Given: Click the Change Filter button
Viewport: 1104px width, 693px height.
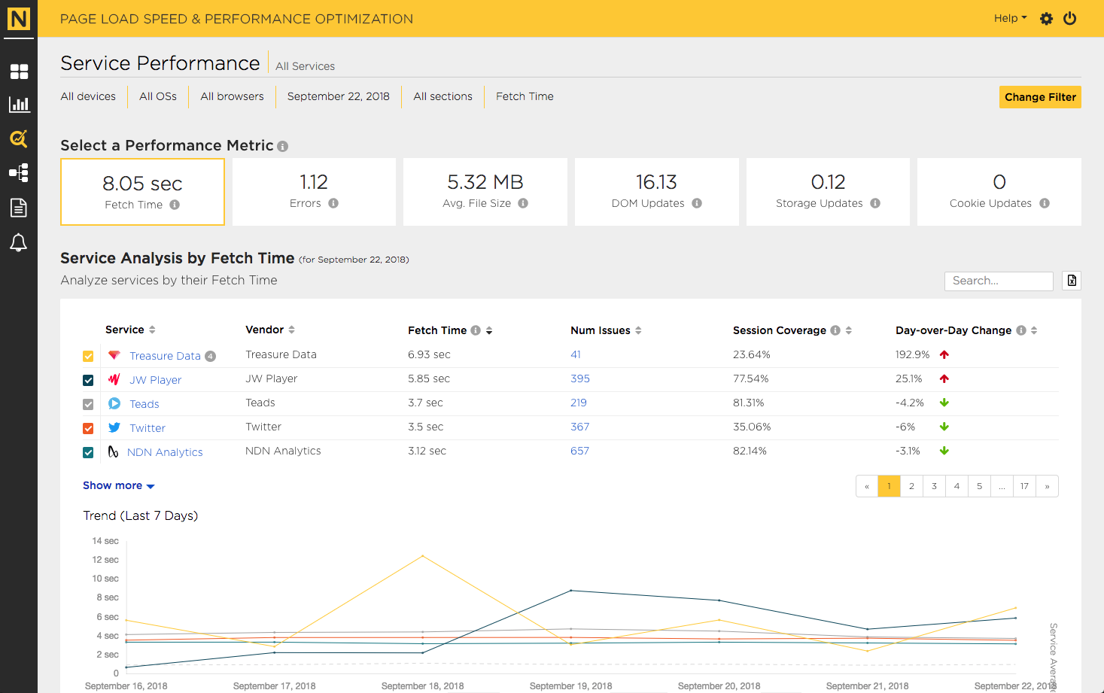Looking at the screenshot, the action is click(1040, 97).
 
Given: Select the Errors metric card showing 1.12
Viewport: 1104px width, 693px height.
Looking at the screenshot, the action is click(314, 192).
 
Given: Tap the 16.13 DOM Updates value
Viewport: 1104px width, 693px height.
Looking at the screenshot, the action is click(656, 182).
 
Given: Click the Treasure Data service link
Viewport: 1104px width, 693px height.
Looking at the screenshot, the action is click(165, 356).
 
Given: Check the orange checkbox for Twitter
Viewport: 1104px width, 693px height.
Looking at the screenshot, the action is click(88, 428).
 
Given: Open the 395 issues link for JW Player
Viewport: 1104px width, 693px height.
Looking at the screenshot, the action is click(579, 378).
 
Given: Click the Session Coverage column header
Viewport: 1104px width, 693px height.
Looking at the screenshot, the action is click(779, 330).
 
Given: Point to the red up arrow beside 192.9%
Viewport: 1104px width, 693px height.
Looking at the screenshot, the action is click(944, 354).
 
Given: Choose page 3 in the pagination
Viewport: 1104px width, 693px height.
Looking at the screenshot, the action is click(934, 486).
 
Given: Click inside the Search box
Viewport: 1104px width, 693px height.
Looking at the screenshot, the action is click(999, 281).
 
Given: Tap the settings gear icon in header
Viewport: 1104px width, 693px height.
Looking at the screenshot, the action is click(1046, 19).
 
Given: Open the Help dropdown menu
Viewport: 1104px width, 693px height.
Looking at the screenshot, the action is click(1010, 18).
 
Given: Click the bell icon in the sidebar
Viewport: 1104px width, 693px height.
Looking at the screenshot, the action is click(19, 242).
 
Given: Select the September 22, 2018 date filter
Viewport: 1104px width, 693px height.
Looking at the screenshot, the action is click(338, 96).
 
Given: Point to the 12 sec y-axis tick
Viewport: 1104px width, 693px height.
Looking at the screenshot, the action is click(105, 559).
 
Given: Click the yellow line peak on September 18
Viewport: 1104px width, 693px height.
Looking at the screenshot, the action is click(422, 556).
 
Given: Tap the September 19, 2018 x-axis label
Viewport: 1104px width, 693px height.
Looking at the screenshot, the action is click(570, 685).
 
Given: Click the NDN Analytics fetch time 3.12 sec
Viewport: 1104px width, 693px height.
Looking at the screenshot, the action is click(427, 451).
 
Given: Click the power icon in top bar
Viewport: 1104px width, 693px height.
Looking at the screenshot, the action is click(1069, 19).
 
